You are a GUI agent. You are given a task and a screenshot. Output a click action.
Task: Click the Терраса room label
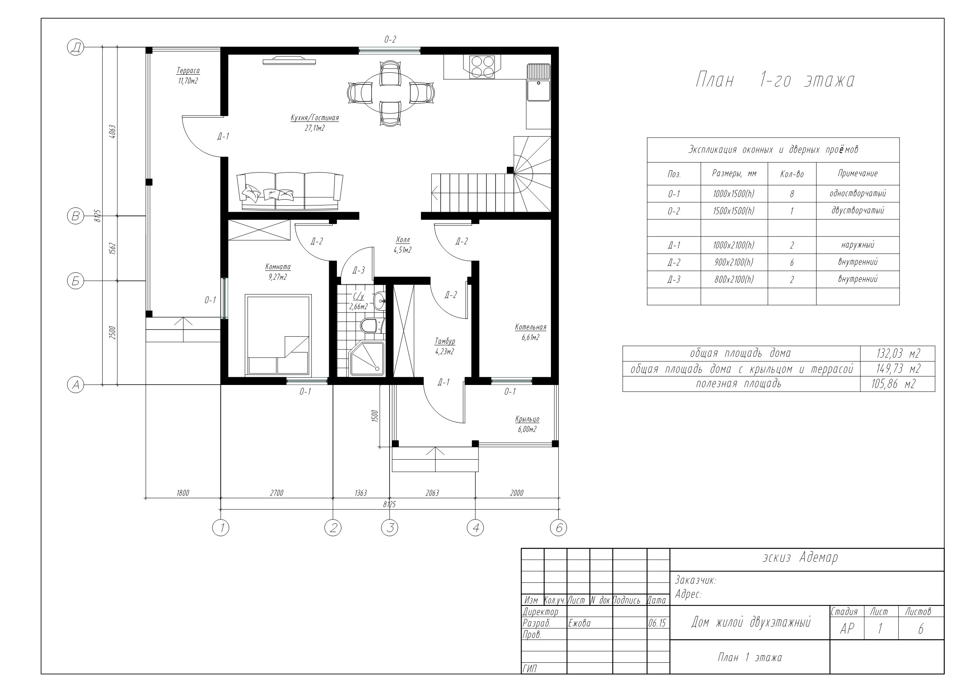pos(188,71)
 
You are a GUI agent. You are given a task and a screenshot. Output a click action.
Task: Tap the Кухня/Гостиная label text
pos(315,118)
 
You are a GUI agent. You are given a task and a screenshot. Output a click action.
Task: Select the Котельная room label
pos(530,327)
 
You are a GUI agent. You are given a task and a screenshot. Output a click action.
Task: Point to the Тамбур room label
pos(444,341)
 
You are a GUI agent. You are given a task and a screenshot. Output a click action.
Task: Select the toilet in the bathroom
pos(370,325)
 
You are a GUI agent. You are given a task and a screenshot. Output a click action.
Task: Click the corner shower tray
pos(367,359)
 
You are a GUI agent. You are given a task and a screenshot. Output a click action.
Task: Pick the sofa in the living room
pos(290,191)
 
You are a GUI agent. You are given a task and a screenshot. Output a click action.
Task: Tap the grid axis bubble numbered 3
pos(390,528)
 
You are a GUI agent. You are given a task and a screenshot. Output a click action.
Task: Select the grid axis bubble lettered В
pos(76,216)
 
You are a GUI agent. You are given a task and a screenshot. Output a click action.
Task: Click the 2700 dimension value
pos(277,493)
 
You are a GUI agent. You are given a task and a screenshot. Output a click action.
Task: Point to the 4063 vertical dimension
pos(112,132)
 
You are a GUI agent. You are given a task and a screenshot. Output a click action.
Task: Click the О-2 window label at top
pos(390,40)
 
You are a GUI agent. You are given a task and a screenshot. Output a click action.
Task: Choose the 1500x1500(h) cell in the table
pos(734,211)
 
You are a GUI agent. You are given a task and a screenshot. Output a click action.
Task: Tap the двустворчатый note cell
pos(858,210)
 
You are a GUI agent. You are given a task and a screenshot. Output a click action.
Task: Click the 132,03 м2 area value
pos(898,354)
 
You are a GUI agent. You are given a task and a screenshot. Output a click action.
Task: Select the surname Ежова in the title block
pos(579,623)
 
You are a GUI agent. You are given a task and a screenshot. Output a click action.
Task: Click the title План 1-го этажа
pos(775,80)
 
